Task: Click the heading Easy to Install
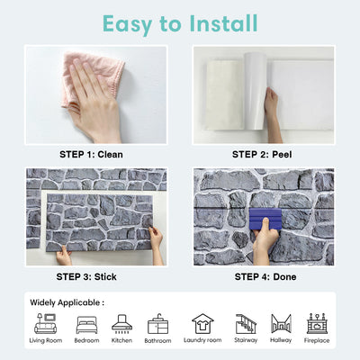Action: [x=179, y=22]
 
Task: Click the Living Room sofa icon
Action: [x=45, y=323]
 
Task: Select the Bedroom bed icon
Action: [x=86, y=323]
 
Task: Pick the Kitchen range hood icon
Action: [x=121, y=323]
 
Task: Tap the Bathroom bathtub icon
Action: [x=158, y=323]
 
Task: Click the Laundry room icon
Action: [x=202, y=323]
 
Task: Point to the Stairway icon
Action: [x=245, y=323]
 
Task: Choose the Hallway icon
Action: [x=281, y=323]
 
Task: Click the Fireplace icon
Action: [x=316, y=323]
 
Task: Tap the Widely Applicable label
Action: [x=67, y=302]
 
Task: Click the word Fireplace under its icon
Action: [x=316, y=341]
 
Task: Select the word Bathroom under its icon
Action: [x=158, y=341]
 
